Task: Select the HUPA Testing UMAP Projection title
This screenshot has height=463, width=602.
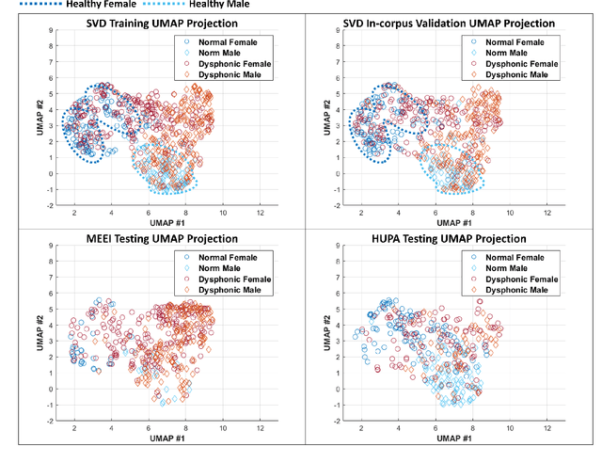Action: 450,239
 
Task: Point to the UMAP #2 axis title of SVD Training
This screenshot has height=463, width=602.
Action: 37,116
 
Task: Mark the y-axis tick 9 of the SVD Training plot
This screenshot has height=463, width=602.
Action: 51,31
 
